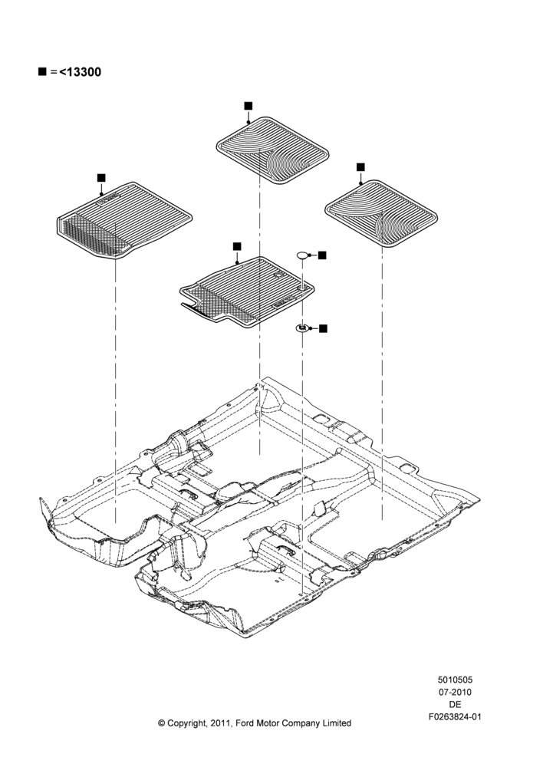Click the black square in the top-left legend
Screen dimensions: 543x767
(x=42, y=72)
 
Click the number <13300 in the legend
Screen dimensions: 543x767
(x=81, y=72)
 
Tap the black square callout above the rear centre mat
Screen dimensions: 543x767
(x=248, y=106)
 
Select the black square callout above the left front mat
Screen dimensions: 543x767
(x=101, y=177)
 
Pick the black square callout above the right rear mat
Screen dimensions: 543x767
(x=360, y=167)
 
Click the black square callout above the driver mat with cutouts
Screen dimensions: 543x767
(x=237, y=246)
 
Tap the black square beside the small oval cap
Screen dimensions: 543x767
(x=322, y=255)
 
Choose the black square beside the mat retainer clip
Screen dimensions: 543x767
(x=323, y=328)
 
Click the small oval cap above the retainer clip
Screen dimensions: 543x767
(x=303, y=255)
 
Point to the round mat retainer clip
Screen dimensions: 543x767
(x=303, y=328)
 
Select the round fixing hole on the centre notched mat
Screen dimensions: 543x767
(x=278, y=275)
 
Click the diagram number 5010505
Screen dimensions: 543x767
(x=455, y=680)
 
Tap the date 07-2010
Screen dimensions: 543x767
(x=455, y=692)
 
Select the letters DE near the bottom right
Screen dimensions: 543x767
(x=455, y=704)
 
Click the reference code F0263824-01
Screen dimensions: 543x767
(x=455, y=717)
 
